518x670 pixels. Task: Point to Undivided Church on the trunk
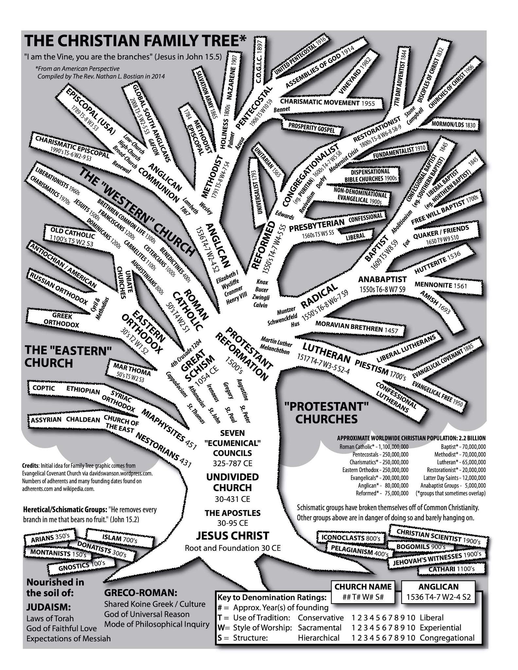tap(232, 482)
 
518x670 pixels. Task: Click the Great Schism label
tap(196, 366)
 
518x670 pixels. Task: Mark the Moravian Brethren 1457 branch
tap(357, 327)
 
